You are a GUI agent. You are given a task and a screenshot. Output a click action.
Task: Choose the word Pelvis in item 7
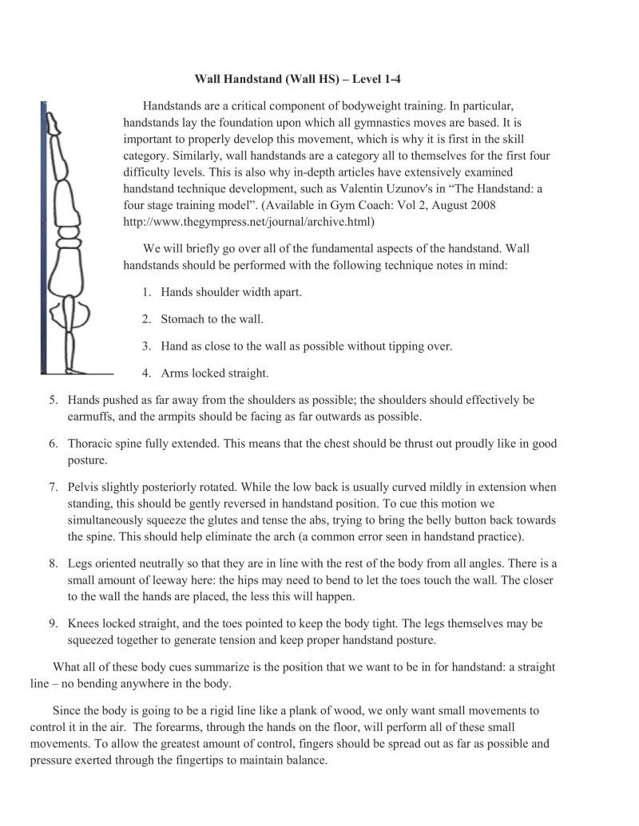tap(84, 487)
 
